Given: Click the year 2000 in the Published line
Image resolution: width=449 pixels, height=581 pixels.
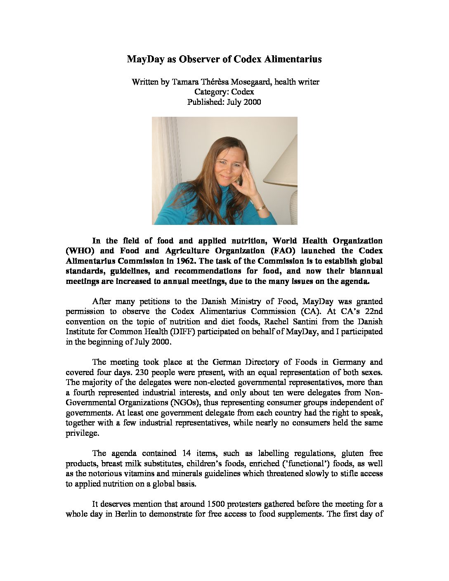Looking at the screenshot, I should point(252,102).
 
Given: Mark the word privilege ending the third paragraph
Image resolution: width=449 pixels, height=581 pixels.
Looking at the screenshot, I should point(82,433).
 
